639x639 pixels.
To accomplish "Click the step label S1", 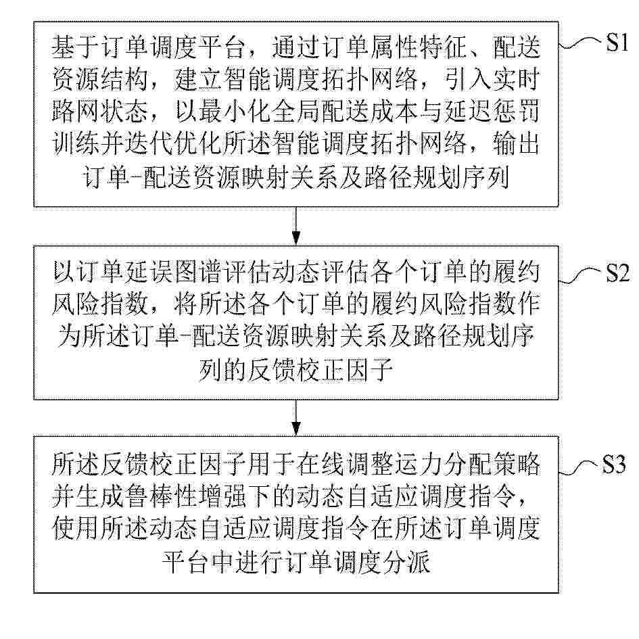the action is click(617, 42).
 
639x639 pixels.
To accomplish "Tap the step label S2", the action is click(617, 273).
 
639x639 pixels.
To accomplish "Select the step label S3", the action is click(614, 464).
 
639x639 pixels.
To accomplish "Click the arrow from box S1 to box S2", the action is click(296, 226).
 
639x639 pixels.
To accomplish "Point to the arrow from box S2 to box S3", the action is click(296, 418).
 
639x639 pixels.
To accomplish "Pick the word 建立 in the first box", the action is click(199, 79).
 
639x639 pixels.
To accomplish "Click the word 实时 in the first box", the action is click(517, 79).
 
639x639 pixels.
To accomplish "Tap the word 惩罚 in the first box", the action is click(517, 112).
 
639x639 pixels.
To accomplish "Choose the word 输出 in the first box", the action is click(517, 143).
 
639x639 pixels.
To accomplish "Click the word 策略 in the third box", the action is click(517, 465).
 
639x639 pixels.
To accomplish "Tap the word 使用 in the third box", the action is click(76, 529).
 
